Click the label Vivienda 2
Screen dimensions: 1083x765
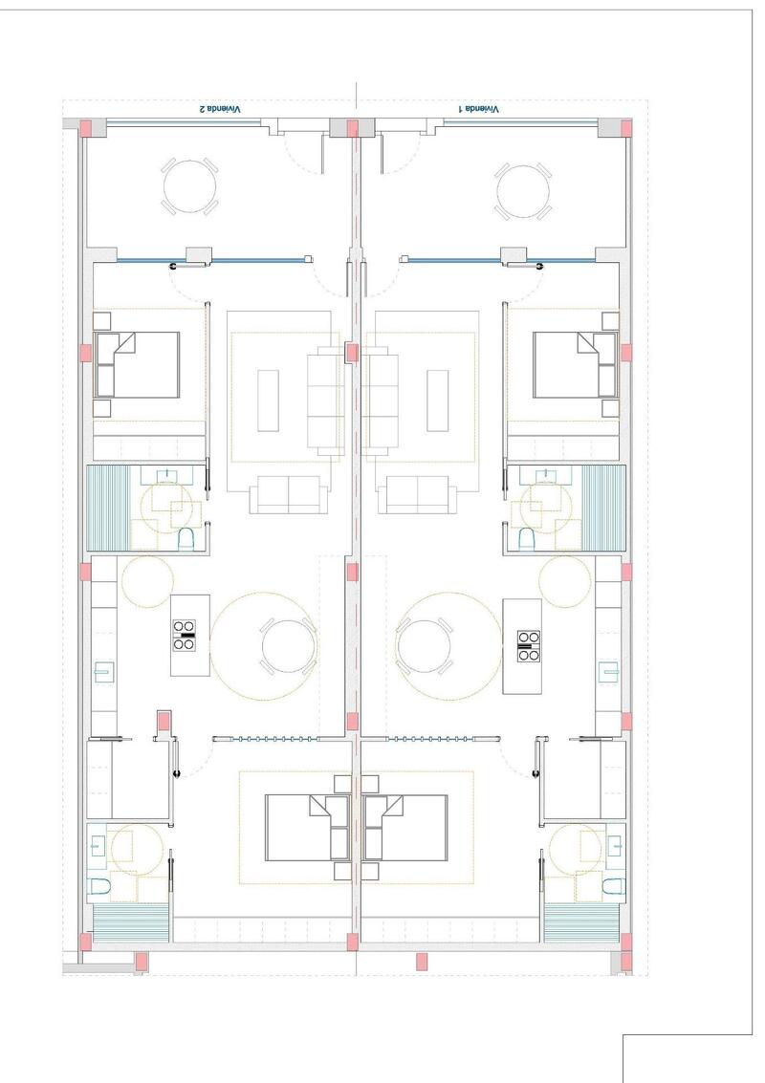pos(220,110)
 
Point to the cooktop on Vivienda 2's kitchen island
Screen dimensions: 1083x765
pos(186,635)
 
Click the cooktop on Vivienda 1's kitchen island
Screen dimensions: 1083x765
pos(527,646)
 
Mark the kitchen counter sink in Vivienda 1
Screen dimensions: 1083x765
pos(608,672)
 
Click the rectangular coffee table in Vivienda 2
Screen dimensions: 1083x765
pos(268,400)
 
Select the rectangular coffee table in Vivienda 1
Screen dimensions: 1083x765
pos(438,400)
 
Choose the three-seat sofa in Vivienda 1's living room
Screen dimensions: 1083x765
pos(382,401)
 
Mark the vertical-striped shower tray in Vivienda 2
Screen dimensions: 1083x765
pos(107,507)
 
